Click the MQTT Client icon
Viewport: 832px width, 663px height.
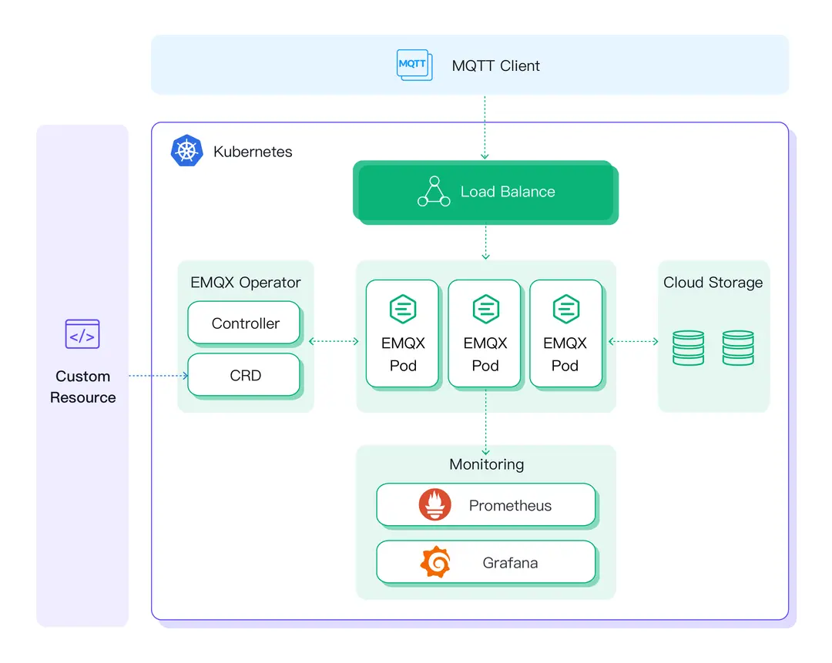coord(414,65)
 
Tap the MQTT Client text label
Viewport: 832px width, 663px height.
coord(495,65)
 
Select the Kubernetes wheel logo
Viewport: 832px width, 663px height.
coord(186,151)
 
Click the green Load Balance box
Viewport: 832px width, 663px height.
coord(485,192)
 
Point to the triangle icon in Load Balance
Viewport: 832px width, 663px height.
coord(434,192)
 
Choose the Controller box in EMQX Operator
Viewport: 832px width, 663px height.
coord(245,323)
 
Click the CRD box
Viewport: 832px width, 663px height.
coord(245,375)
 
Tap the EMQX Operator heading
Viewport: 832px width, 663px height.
coord(246,283)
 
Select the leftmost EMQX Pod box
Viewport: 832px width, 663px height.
coord(403,333)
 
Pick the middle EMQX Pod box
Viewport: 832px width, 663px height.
coord(485,333)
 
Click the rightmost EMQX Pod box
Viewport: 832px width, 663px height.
coord(565,333)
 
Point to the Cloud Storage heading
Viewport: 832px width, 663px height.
coord(713,283)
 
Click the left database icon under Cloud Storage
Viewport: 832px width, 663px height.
coord(688,347)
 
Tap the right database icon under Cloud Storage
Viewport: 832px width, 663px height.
coord(738,347)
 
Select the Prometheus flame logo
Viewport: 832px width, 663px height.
coord(435,505)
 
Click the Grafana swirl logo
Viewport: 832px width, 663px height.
coord(435,562)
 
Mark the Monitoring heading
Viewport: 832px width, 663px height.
coord(486,464)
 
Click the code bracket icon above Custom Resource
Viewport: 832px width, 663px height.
coord(82,335)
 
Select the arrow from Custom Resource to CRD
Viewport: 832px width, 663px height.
coord(158,376)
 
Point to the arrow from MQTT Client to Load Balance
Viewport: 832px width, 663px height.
coord(485,127)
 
